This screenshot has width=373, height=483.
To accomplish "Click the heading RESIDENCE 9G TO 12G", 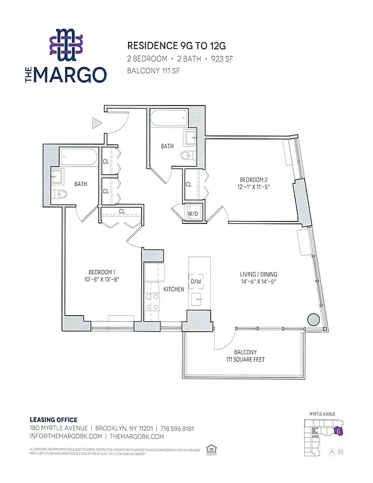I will click(x=171, y=46).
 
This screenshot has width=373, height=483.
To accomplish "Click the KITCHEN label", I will click(x=174, y=290).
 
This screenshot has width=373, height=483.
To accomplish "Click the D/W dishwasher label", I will click(x=196, y=281).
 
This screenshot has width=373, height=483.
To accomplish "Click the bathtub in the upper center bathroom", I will click(x=169, y=118).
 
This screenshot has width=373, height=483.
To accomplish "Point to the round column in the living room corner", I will click(x=313, y=319).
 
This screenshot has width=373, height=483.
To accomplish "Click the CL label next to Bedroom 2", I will click(x=189, y=185).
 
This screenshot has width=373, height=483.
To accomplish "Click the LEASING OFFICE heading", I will click(x=54, y=420).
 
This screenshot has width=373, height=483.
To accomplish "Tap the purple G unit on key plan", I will click(x=339, y=431).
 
